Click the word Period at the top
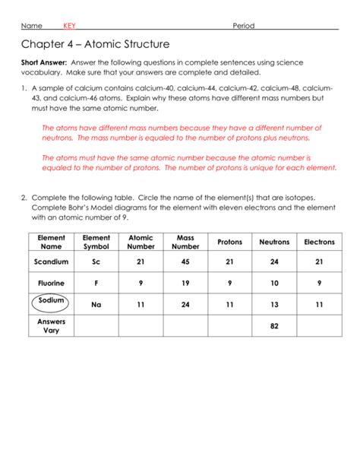(x=243, y=26)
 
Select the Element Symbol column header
(x=96, y=242)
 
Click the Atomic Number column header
(x=141, y=242)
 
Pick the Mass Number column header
(x=185, y=242)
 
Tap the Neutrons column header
(x=274, y=242)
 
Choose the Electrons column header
(x=319, y=242)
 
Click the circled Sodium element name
(x=52, y=301)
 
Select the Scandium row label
(x=52, y=262)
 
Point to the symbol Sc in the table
(x=96, y=262)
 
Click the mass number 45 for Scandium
(x=185, y=262)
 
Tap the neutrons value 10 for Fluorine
(x=274, y=284)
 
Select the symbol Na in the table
(x=96, y=305)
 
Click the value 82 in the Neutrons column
(x=274, y=326)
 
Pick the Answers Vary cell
(x=52, y=326)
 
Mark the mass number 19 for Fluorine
(x=185, y=284)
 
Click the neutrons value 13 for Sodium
(x=274, y=305)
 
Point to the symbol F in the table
(x=96, y=284)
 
